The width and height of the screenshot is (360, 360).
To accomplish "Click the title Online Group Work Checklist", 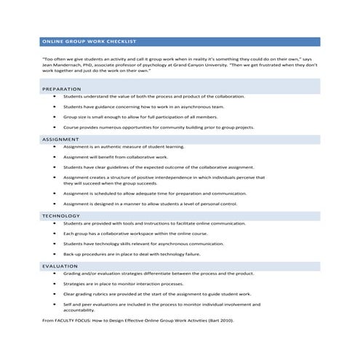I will click(89, 42).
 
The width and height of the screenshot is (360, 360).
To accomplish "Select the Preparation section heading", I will click(61, 89).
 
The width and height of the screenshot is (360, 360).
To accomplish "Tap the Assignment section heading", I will click(60, 139).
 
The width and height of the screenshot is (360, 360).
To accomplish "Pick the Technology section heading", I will click(60, 216).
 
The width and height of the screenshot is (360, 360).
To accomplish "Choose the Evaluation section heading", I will click(60, 266).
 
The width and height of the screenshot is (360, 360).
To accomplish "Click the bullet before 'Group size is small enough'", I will click(55, 116).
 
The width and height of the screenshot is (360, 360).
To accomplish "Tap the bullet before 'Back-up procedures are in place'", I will click(55, 255).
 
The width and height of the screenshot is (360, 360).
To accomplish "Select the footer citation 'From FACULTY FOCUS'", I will click(70, 320).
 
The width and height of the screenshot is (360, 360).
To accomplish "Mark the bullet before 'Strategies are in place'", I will click(55, 284).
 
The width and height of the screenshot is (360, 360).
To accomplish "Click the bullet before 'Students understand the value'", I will click(55, 96).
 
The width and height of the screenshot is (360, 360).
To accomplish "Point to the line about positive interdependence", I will click(164, 177).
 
